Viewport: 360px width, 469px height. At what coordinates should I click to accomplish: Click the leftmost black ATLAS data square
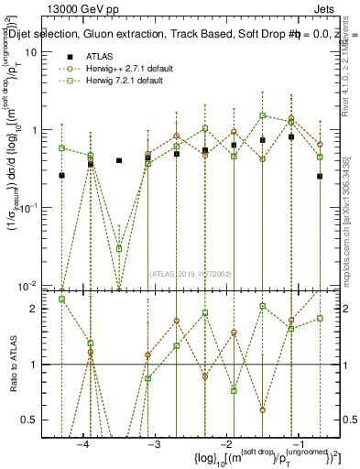(61, 175)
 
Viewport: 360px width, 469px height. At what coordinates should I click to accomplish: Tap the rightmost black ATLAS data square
(320, 176)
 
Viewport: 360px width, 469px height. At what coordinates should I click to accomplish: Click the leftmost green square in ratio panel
(61, 299)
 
